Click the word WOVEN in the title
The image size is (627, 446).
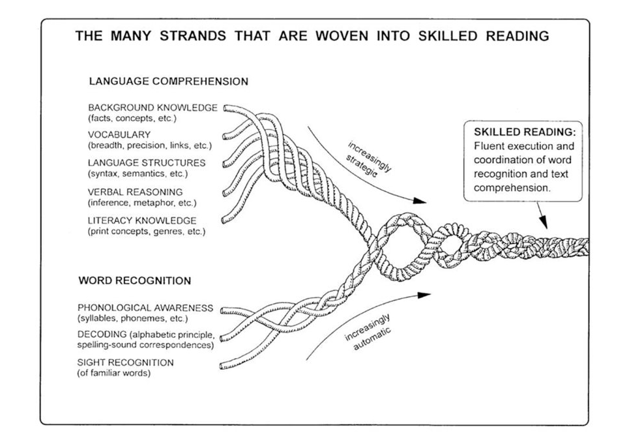[x=342, y=36]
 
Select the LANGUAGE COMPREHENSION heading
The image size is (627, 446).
[x=169, y=82]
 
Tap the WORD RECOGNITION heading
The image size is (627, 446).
[x=135, y=280]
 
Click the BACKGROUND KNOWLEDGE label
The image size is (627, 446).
[x=153, y=108]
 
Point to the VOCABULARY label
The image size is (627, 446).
[x=119, y=134]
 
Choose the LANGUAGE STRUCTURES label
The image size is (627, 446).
[x=147, y=163]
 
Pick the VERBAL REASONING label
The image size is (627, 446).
[x=135, y=192]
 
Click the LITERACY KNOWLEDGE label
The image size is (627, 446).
[x=142, y=220]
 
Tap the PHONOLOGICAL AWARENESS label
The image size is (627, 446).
[x=145, y=308]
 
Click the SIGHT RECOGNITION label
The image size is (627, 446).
[x=126, y=363]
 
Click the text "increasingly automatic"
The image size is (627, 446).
[x=368, y=332]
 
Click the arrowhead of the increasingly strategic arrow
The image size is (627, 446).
[x=420, y=200]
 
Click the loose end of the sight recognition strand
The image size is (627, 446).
[x=222, y=366]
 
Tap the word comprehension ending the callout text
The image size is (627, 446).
[x=512, y=188]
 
